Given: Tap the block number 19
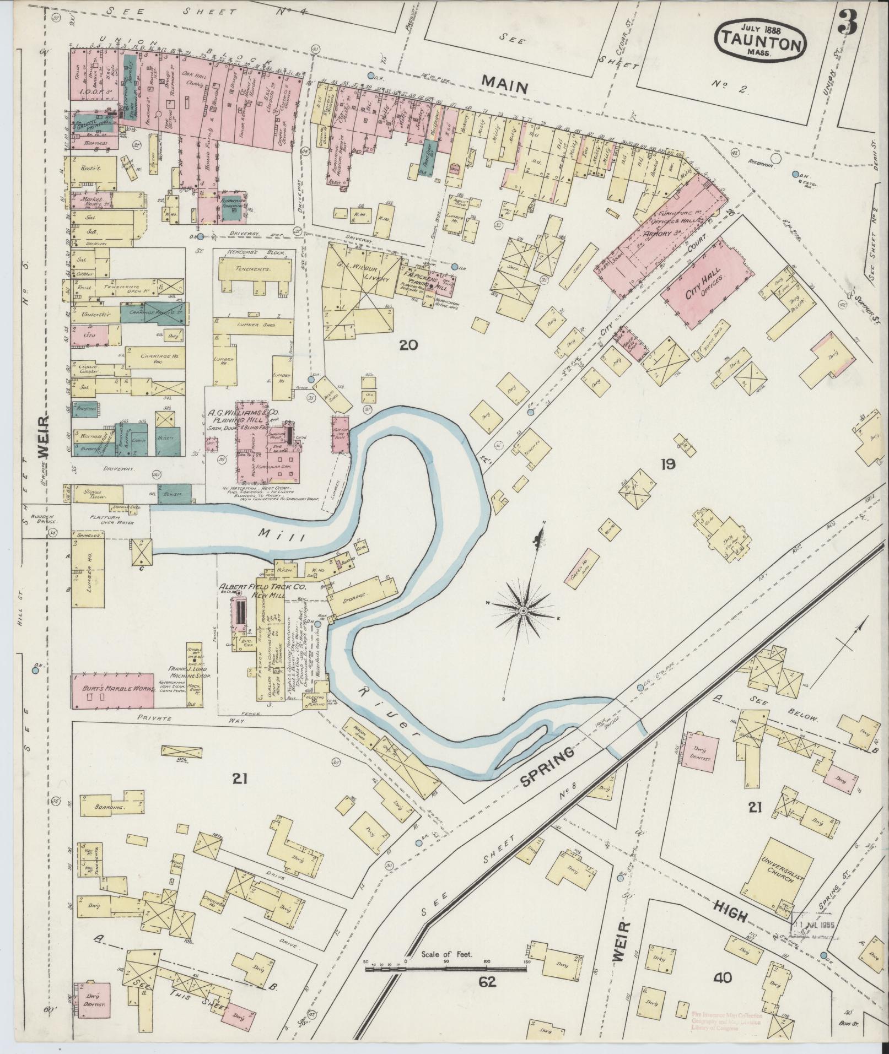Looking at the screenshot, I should (667, 464).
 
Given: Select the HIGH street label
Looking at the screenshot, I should (731, 911).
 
